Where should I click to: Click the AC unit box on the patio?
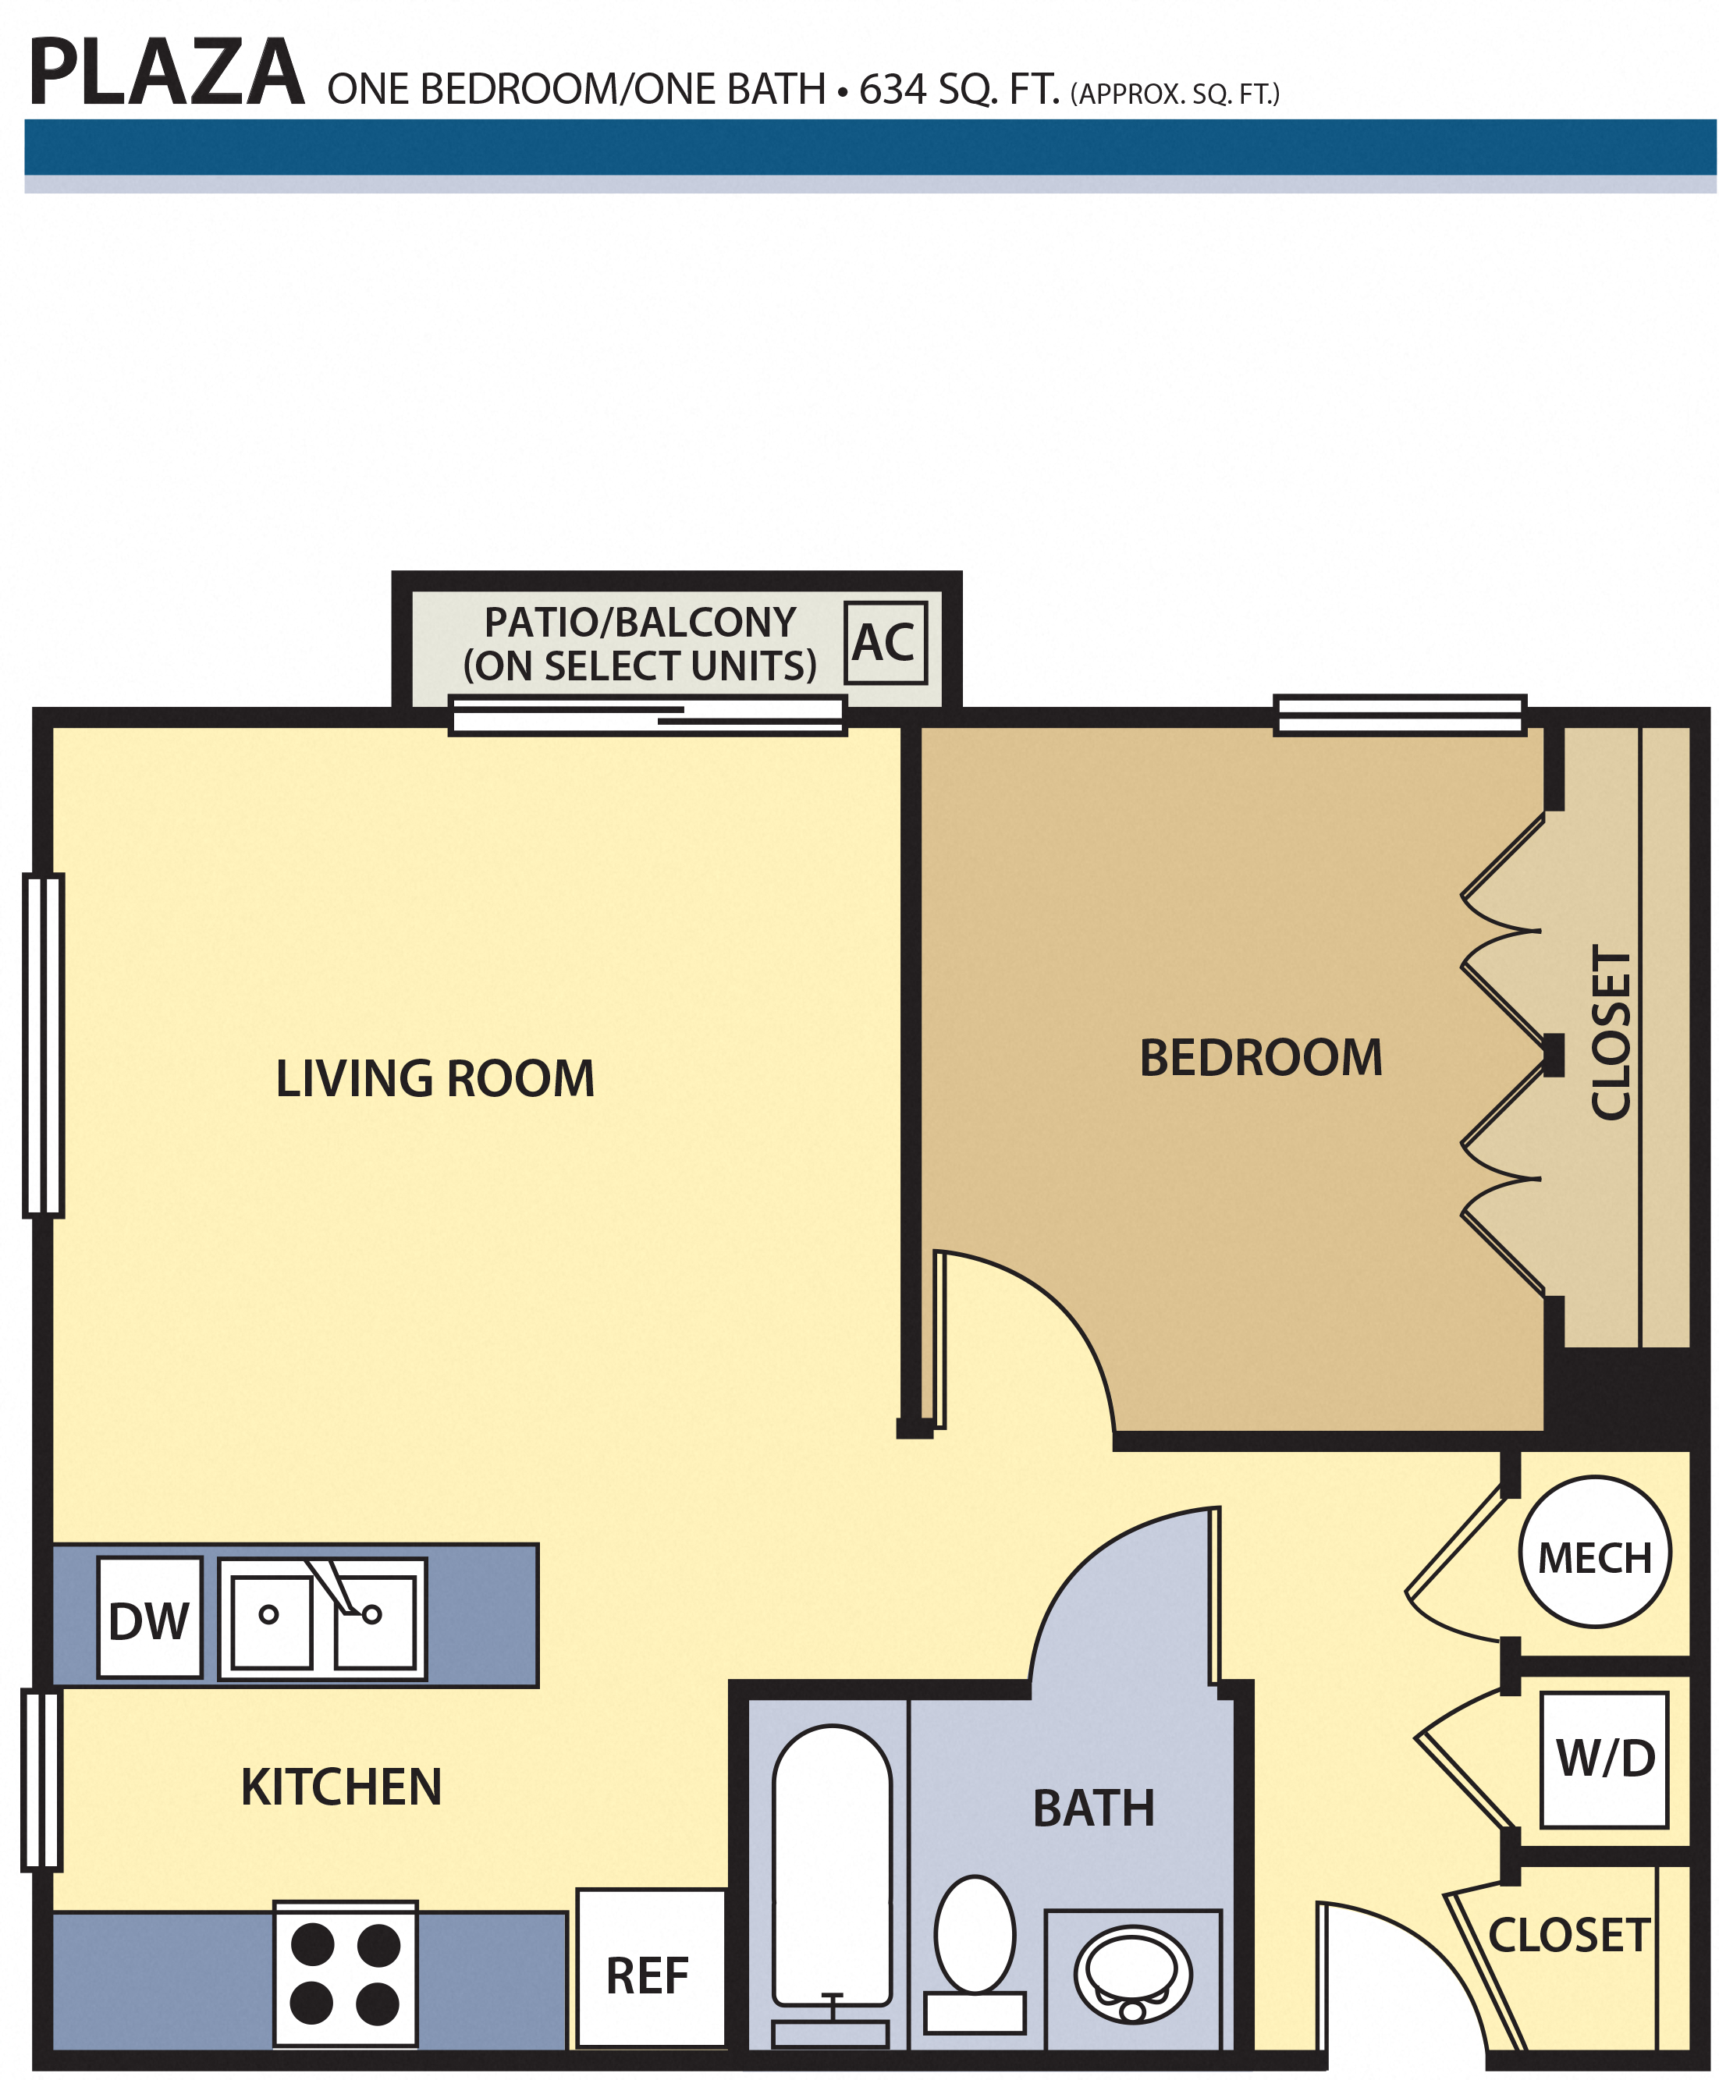click(885, 643)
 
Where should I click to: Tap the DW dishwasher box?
click(150, 1617)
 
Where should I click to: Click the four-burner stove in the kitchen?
click(345, 1974)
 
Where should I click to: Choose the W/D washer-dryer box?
click(1604, 1759)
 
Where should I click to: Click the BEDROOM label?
click(1260, 1057)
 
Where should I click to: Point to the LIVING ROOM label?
click(435, 1078)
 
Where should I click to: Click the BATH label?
click(1093, 1808)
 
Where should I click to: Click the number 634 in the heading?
click(893, 89)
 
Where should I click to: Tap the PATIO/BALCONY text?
click(640, 623)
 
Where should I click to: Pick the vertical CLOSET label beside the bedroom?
click(1610, 1032)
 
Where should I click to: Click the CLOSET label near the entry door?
click(1569, 1936)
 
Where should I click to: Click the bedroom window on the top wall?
click(1399, 715)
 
